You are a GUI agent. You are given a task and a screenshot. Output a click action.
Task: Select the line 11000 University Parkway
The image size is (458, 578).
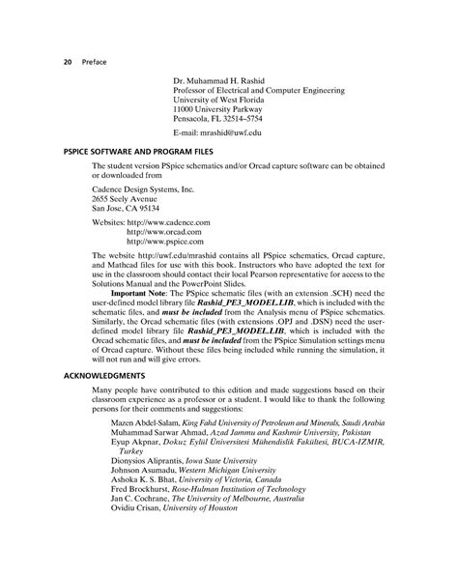click(219, 108)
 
